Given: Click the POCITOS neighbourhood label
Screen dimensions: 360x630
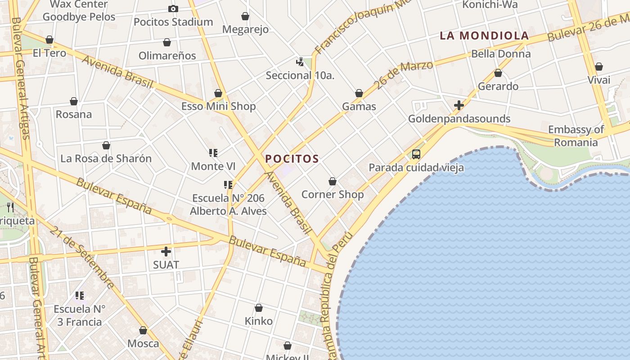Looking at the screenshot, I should pos(292,159).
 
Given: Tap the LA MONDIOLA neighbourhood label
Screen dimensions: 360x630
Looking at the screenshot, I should pos(484,36).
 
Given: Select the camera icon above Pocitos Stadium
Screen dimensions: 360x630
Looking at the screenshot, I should pos(173,9).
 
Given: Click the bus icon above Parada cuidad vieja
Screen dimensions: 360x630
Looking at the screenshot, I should pos(416,154).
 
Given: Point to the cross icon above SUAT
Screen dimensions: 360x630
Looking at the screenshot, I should pos(166,252).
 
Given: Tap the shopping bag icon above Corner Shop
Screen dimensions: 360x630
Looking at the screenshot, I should pos(333,181).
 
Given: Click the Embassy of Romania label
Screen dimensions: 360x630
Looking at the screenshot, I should pos(576,136).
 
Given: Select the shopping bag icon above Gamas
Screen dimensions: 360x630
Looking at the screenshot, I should pos(359,93).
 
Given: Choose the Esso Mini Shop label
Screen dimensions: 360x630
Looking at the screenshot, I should pos(218,106).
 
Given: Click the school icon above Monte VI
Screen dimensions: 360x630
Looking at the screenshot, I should pos(213,153).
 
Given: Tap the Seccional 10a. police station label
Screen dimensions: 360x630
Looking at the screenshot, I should pos(300,75).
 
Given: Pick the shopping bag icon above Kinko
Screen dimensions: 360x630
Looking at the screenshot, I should pos(259,308).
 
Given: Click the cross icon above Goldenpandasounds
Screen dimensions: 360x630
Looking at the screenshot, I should pos(459,105).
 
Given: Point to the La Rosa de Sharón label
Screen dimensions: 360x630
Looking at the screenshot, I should pos(106,158).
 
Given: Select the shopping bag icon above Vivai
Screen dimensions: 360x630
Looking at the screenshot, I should pos(599,67).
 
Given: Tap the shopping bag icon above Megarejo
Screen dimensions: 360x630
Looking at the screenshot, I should pos(245,16).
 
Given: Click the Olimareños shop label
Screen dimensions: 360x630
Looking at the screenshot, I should pos(167,56).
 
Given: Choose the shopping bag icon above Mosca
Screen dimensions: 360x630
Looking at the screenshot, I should pos(143,330).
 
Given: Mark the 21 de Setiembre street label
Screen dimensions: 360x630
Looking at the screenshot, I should pos(82,257).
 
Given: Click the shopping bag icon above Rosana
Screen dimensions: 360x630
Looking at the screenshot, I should pos(74,101).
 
